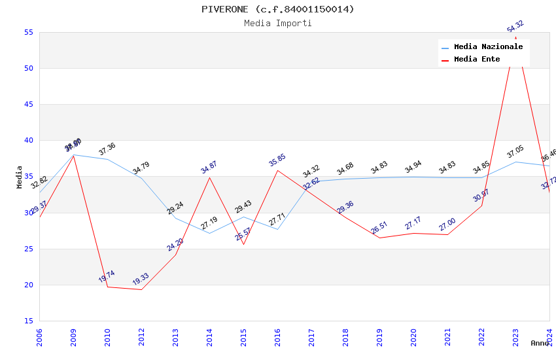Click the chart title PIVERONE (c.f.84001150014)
pyautogui.click(x=278, y=9)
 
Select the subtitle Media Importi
pyautogui.click(x=278, y=23)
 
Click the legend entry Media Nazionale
pyautogui.click(x=488, y=47)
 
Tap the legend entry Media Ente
pyautogui.click(x=477, y=59)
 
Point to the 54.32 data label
pyautogui.click(x=515, y=27)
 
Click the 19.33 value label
pyautogui.click(x=141, y=279)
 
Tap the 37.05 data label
pyautogui.click(x=515, y=153)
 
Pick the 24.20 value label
pyautogui.click(x=175, y=245)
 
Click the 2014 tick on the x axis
pyautogui.click(x=209, y=338)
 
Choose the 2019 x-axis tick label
pyautogui.click(x=379, y=338)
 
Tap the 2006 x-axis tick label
pyautogui.click(x=39, y=338)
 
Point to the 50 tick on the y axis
pyautogui.click(x=28, y=68)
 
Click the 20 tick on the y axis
pyautogui.click(x=28, y=285)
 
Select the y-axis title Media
pyautogui.click(x=20, y=177)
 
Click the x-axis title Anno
pyautogui.click(x=540, y=343)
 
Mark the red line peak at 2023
pyautogui.click(x=515, y=37)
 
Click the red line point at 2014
pyautogui.click(x=209, y=177)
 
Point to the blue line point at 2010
pyautogui.click(x=107, y=159)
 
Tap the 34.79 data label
pyautogui.click(x=141, y=168)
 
